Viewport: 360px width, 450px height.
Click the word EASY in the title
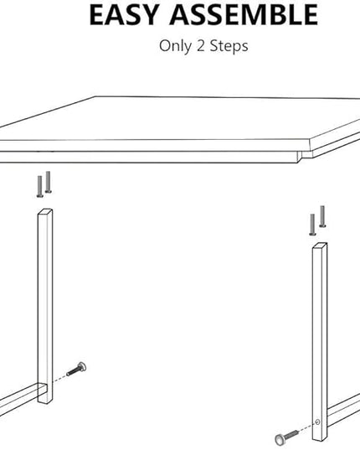[x=125, y=15]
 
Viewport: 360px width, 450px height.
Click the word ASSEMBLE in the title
[x=244, y=15]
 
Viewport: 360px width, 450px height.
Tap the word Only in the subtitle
[x=175, y=46]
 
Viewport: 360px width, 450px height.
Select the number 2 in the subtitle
[x=200, y=45]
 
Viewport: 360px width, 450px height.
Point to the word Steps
[x=229, y=46]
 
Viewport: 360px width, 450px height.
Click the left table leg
[x=45, y=306]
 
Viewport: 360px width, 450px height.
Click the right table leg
[x=320, y=342]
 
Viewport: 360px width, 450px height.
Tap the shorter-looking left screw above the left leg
[x=40, y=187]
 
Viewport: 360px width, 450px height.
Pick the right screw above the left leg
[x=49, y=182]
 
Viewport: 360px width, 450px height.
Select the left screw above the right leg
[x=312, y=225]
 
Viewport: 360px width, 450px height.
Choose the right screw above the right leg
[x=322, y=216]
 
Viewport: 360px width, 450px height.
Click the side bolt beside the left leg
[x=76, y=369]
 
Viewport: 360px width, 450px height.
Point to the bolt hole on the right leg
[x=317, y=422]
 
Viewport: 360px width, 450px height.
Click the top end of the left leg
[x=45, y=211]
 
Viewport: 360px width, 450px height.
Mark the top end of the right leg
[x=320, y=245]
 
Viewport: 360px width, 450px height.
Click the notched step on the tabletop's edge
[x=301, y=156]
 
